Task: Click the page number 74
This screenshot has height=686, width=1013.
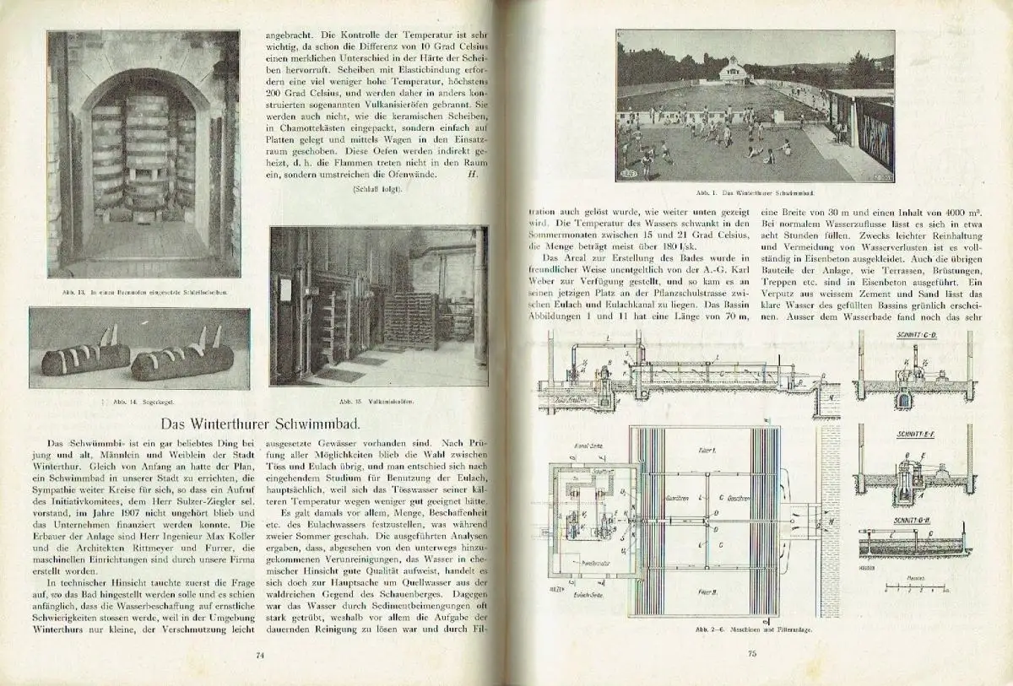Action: [261, 652]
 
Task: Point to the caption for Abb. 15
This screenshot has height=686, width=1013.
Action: [378, 402]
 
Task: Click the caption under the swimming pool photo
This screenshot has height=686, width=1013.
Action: [756, 192]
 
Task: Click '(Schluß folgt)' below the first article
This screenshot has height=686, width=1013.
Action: [377, 189]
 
